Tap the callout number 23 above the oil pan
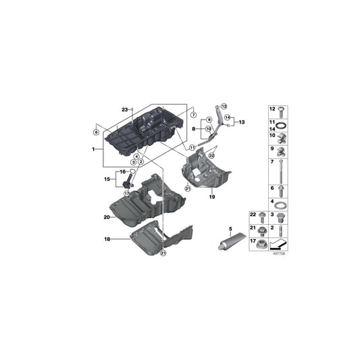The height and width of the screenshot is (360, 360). point(124,109)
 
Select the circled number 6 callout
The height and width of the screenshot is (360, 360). point(96,132)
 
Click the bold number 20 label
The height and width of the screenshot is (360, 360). point(107,217)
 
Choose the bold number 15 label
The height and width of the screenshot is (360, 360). point(106,180)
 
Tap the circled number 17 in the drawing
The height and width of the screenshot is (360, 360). point(126,194)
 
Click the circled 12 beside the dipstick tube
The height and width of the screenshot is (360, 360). point(224,107)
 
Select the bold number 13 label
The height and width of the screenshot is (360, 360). point(242,122)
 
